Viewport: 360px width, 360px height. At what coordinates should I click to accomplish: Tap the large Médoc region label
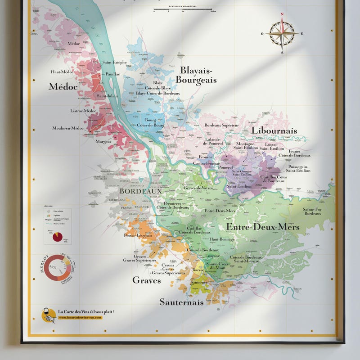[63, 86]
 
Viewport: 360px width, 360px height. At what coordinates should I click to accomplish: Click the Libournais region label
[274, 130]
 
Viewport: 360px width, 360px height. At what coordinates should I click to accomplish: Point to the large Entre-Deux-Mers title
[262, 227]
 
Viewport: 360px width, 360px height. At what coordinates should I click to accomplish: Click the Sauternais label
[181, 302]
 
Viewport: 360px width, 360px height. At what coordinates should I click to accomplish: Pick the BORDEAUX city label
[134, 191]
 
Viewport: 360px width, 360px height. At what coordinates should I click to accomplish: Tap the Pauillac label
[112, 74]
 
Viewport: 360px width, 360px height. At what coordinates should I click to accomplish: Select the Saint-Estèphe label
[114, 63]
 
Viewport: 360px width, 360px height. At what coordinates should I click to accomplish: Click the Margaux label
[103, 141]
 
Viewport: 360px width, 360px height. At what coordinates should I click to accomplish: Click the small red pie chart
[58, 236]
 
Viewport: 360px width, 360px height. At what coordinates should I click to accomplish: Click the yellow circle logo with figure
[49, 315]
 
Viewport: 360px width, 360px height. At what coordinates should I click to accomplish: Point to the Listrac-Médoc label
[83, 111]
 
